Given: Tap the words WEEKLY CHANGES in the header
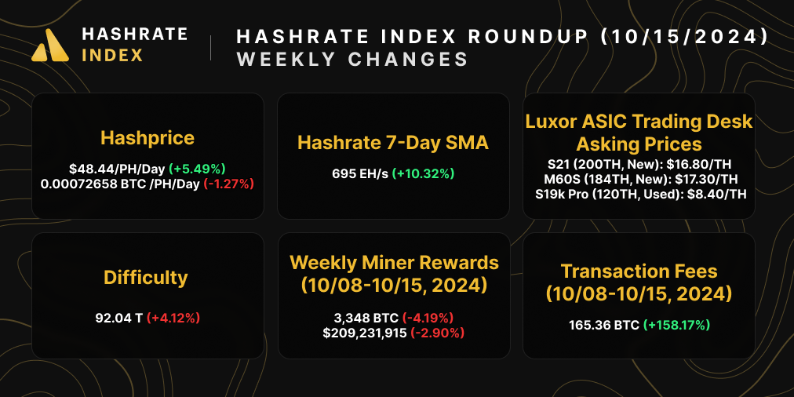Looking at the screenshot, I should tap(352, 60).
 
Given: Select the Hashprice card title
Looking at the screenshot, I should tap(148, 139).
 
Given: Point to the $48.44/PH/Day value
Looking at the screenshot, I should tap(115, 169).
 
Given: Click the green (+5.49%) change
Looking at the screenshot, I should tap(196, 169).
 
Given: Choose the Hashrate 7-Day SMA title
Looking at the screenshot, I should tap(393, 143).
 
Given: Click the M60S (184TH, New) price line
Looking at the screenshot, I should tap(639, 180).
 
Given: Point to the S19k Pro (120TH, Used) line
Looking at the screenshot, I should tap(639, 194).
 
